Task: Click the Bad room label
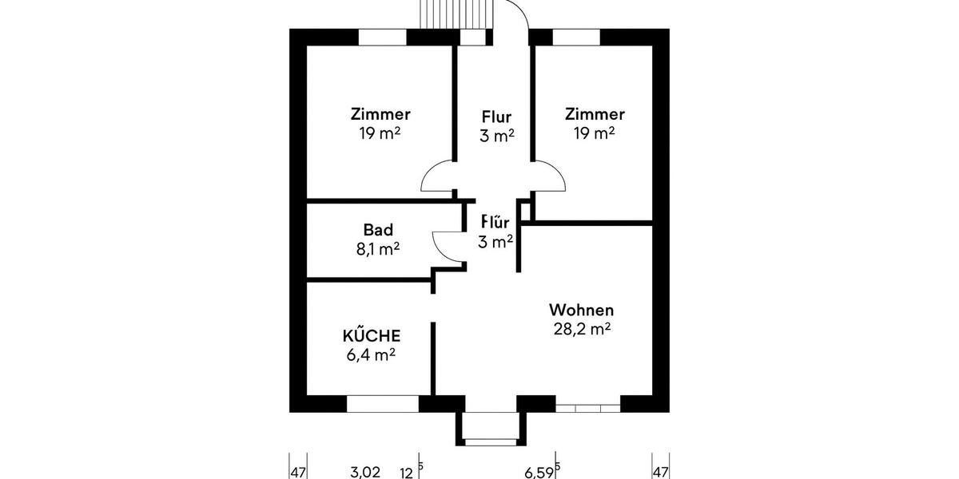click(x=378, y=230)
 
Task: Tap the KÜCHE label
click(x=372, y=335)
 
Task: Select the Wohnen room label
click(x=581, y=310)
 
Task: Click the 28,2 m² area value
click(x=582, y=328)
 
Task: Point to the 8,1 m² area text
click(x=378, y=248)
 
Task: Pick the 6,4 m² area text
click(x=372, y=354)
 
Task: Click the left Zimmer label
click(x=380, y=114)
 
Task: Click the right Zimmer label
click(x=595, y=114)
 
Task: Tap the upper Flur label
click(x=496, y=117)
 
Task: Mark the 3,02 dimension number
click(x=365, y=472)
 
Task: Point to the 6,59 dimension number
click(x=539, y=472)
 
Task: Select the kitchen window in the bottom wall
click(x=383, y=404)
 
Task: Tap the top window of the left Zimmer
click(x=382, y=37)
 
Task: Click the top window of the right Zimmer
click(x=576, y=37)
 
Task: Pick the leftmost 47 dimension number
click(x=298, y=472)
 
